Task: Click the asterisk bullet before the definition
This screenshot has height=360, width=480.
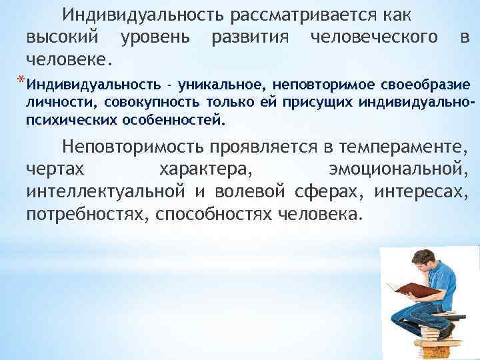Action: tap(21, 82)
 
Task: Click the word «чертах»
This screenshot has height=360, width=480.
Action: tap(56, 169)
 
